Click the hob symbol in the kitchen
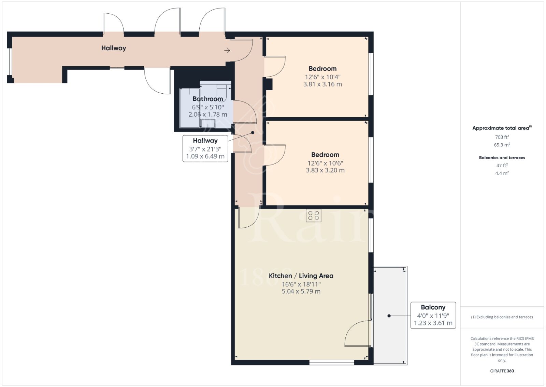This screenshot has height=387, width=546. [314, 216]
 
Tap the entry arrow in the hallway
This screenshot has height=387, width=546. [227, 51]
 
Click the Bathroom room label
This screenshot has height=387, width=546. [208, 99]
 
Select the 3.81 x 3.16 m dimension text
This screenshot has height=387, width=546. [322, 84]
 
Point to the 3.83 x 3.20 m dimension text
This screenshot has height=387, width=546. [325, 170]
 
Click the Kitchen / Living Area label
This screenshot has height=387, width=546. [301, 276]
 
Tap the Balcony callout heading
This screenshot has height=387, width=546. [433, 307]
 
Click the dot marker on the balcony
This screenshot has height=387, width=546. [389, 316]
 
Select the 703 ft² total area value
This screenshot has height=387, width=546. [502, 137]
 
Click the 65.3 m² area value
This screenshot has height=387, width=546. [502, 145]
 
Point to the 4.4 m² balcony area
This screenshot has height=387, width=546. [502, 173]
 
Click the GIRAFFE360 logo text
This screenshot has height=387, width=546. [502, 371]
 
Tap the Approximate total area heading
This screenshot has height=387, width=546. [502, 128]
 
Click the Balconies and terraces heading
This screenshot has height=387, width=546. [502, 158]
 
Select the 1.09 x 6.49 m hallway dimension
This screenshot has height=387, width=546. [205, 156]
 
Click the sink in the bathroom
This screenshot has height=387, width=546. [208, 123]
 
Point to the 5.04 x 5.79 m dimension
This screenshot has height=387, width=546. [301, 291]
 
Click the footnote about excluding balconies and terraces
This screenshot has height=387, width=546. [502, 317]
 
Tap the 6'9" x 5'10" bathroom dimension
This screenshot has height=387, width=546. [208, 107]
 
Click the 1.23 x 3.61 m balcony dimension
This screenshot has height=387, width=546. [433, 323]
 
